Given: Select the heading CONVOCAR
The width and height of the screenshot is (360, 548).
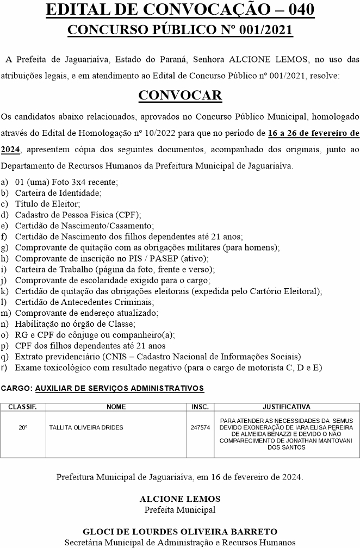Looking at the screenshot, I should pos(180,95).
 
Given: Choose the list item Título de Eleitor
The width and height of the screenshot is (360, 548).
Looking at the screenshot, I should pos(47,203).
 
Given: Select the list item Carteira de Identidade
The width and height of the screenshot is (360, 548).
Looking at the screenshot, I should pos(58,192).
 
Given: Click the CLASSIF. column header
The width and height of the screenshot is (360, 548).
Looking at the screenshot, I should pos(23,407).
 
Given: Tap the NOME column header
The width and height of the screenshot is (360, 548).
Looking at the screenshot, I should pos(116,407).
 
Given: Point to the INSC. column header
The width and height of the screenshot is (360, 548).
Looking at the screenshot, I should pos(200,407).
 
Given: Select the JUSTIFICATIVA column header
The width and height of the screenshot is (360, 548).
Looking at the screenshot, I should pos(287,407).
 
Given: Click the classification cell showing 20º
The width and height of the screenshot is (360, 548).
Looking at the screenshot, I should pos(23,428).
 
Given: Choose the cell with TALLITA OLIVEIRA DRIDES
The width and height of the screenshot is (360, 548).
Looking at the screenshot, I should pos(86,428).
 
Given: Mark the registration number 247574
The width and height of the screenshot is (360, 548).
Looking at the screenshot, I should pos(200,428).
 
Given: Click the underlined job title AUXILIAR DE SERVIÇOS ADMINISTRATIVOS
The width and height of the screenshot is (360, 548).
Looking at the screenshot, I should pos(120,389).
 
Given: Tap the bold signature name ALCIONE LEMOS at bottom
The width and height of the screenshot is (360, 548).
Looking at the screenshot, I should pos(180,499).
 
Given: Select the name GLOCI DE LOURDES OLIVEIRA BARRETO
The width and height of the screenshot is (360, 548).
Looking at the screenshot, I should pos(180,531).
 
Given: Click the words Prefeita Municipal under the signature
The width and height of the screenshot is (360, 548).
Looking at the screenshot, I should pos(180,509).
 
